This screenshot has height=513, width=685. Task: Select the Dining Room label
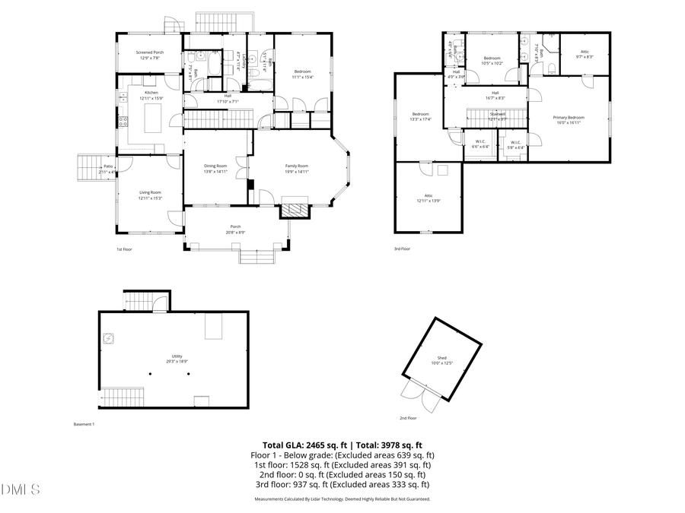pos(215,168)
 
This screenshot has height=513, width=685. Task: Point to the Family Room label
pos(297,168)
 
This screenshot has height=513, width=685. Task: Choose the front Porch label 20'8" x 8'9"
pos(236,229)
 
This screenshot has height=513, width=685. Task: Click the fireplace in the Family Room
pos(295,207)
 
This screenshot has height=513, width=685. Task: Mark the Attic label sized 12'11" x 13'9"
pos(429,198)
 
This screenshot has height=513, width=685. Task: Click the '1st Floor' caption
pos(124,249)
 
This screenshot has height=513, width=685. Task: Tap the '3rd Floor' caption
pos(402,249)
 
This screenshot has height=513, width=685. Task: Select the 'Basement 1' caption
pos(84,424)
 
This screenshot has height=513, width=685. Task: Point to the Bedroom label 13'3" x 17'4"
pos(421,116)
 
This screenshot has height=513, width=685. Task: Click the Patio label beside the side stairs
pos(108,169)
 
